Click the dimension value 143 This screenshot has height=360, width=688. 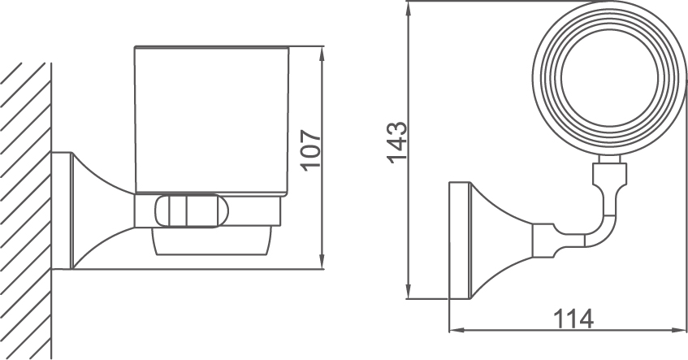click(x=396, y=143)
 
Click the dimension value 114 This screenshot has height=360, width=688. click(x=572, y=319)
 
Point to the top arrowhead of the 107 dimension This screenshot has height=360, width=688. click(x=323, y=54)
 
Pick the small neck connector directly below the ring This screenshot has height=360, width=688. click(x=610, y=172)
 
